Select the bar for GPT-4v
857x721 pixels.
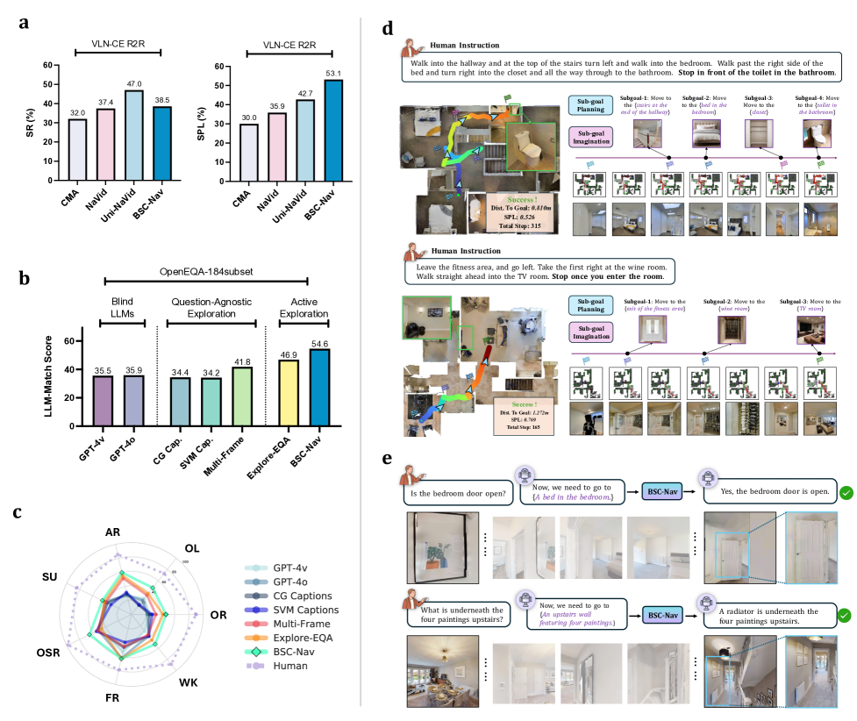pyautogui.click(x=104, y=410)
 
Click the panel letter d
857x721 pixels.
pyautogui.click(x=388, y=26)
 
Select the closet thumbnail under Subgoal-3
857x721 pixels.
pyautogui.click(x=759, y=134)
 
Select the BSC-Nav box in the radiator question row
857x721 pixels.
pyautogui.click(x=663, y=616)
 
